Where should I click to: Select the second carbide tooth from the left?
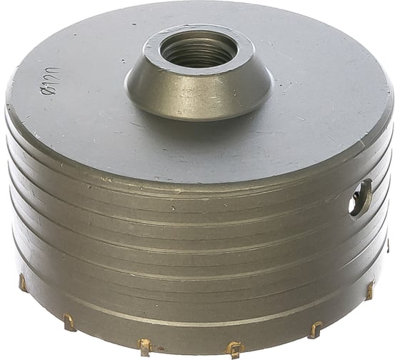[68, 322]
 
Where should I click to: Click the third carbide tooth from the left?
[144, 346]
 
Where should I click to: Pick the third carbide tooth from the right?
[234, 349]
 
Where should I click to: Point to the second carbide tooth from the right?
[315, 329]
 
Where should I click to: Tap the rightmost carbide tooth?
[370, 289]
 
